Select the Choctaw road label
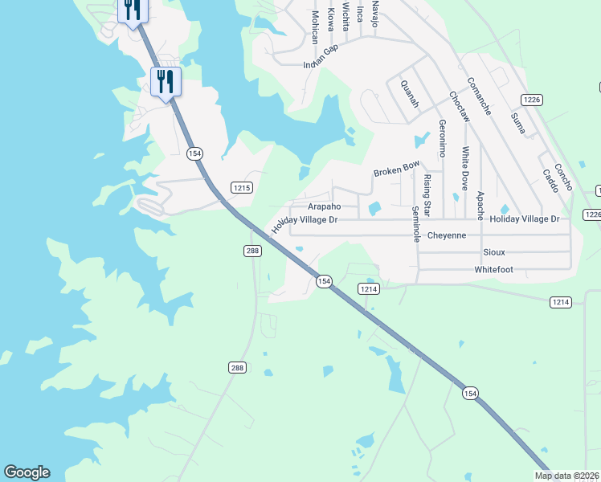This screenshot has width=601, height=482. tap(459, 105)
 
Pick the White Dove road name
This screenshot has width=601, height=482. tap(464, 168)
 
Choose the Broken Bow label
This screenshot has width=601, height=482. tap(396, 170)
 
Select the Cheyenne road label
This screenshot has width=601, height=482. tap(446, 235)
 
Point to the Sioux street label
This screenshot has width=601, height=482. tap(493, 252)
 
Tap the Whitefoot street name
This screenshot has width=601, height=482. tap(493, 270)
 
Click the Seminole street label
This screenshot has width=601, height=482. tap(415, 224)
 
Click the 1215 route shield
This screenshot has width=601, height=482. tap(242, 188)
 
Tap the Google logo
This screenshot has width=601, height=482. tap(27, 472)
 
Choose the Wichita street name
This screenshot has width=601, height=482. tap(345, 15)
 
